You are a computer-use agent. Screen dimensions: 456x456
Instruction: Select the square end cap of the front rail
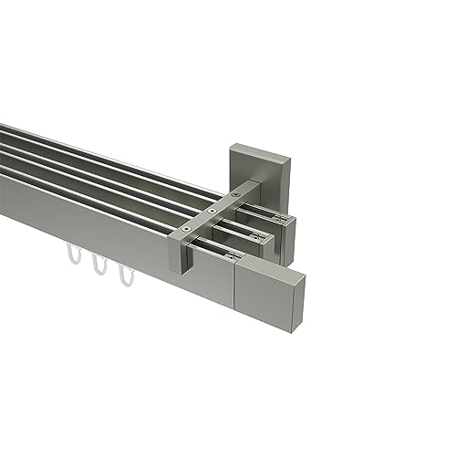(259, 289)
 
